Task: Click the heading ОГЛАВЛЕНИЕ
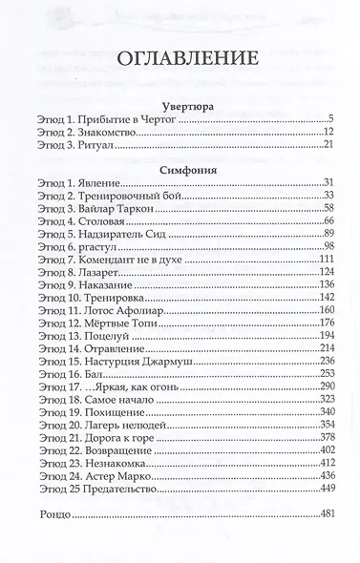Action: click(180, 58)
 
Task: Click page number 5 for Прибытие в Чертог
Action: click(329, 119)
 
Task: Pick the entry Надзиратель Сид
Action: click(128, 235)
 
